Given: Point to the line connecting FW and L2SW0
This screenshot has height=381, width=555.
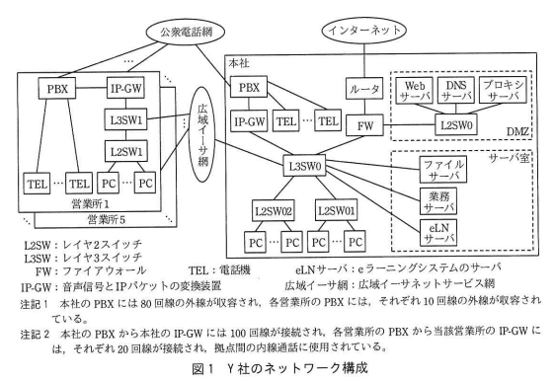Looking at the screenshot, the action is point(409,125).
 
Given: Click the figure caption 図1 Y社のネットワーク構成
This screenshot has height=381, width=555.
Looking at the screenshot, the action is point(280,368).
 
